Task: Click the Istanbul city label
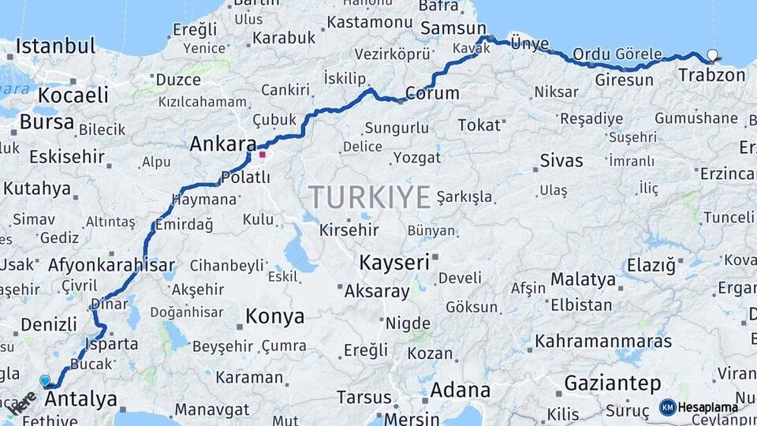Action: click(x=55, y=46)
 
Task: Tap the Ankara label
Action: click(x=222, y=144)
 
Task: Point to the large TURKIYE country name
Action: click(x=370, y=196)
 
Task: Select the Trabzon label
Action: click(x=712, y=76)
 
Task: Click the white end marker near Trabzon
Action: click(x=713, y=55)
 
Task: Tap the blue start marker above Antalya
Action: click(x=45, y=380)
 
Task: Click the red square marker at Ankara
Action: click(x=262, y=154)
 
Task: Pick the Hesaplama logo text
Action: click(x=707, y=408)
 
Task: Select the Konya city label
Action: click(x=274, y=316)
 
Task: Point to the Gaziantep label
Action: click(x=613, y=383)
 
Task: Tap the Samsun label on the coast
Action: click(x=448, y=28)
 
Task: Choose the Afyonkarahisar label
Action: click(x=111, y=265)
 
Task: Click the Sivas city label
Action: click(x=561, y=161)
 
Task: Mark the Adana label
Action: click(x=460, y=390)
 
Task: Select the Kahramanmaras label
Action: click(x=603, y=342)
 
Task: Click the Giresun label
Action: click(x=624, y=80)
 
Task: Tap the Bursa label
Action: click(x=47, y=122)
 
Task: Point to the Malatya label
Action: click(x=583, y=279)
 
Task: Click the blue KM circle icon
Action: click(x=667, y=408)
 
